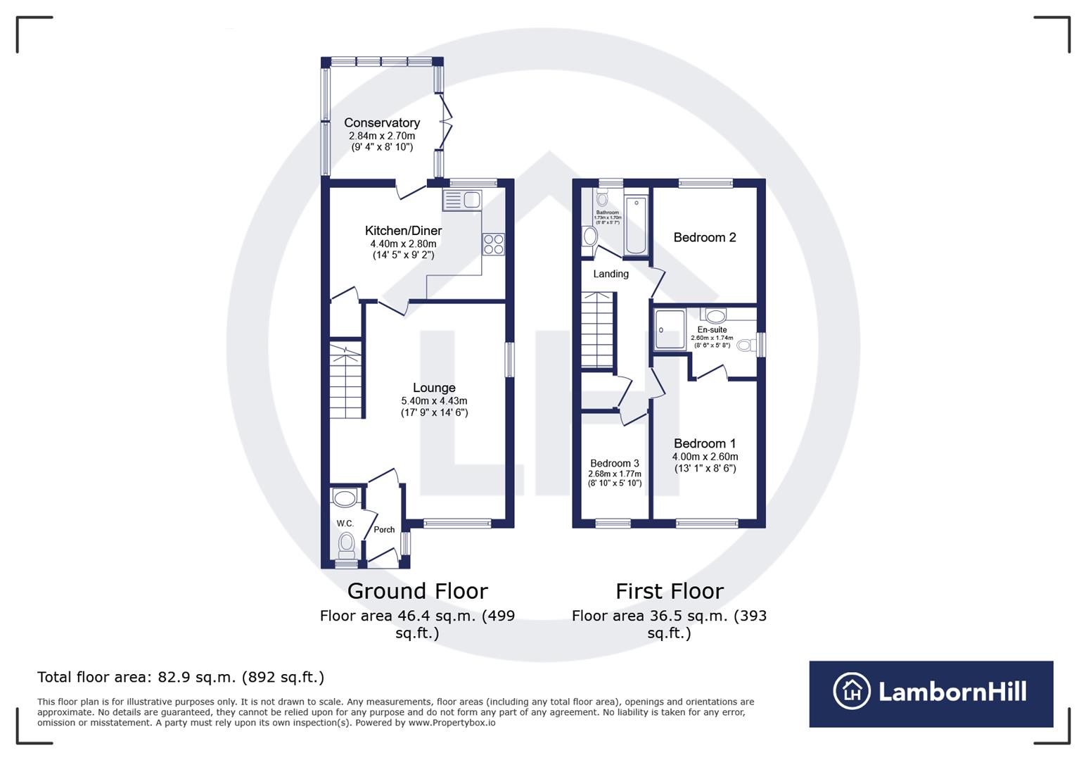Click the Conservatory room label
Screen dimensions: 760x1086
pyautogui.click(x=381, y=123)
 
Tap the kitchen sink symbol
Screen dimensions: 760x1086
pyautogui.click(x=462, y=201)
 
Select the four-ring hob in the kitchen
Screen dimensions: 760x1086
pyautogui.click(x=493, y=244)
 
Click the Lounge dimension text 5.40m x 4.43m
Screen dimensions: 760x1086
pyautogui.click(x=434, y=400)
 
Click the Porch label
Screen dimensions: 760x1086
pyautogui.click(x=384, y=529)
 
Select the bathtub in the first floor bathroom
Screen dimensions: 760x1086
pyautogui.click(x=635, y=227)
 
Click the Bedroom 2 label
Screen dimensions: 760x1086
pyautogui.click(x=704, y=237)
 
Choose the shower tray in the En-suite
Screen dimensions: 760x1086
pyautogui.click(x=669, y=330)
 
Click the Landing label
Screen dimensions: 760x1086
pyautogui.click(x=611, y=274)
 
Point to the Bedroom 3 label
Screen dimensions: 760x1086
pyautogui.click(x=614, y=463)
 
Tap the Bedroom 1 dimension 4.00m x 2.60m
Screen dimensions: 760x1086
pyautogui.click(x=705, y=456)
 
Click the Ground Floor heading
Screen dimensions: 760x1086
pyautogui.click(x=417, y=590)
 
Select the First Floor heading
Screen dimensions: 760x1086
pyautogui.click(x=669, y=590)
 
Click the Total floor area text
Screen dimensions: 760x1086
pyautogui.click(x=181, y=677)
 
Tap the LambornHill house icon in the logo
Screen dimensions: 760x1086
pyautogui.click(x=852, y=691)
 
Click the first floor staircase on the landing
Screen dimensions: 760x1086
pyautogui.click(x=597, y=331)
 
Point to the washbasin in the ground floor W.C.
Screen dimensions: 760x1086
pyautogui.click(x=345, y=499)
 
